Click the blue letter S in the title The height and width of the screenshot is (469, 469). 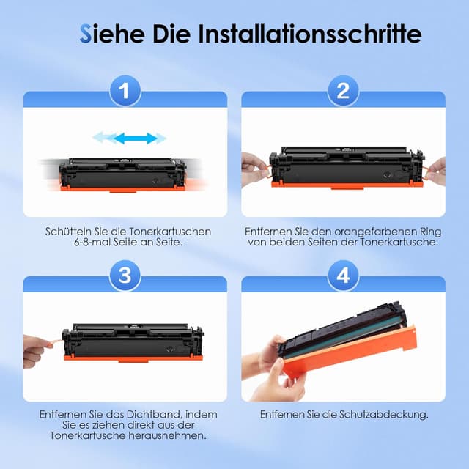pos(86,34)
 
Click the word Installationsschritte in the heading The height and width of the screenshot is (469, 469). pos(310,34)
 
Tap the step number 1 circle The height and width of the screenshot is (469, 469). pos(125,91)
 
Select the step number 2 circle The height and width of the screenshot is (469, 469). pos(343,91)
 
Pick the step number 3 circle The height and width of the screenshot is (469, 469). pos(125,276)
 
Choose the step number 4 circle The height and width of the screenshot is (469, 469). pos(343,276)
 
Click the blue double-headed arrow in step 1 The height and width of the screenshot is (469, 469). pos(135,139)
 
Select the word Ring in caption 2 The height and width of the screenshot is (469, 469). pos(432,232)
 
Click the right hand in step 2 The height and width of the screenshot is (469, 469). pos(437,171)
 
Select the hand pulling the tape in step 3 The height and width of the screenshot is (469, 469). pos(37,350)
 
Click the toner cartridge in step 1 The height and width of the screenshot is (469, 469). pos(122,174)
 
